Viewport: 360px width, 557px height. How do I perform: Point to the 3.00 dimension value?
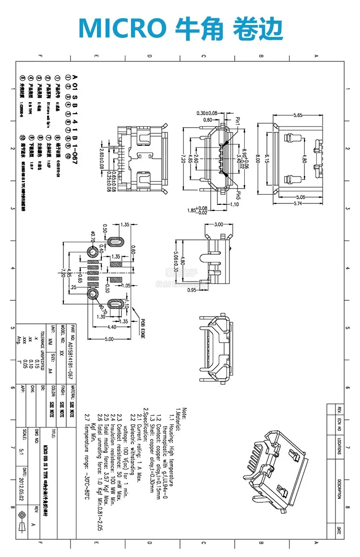(x=219, y=224)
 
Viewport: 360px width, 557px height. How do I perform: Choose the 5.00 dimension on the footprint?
(x=110, y=340)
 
